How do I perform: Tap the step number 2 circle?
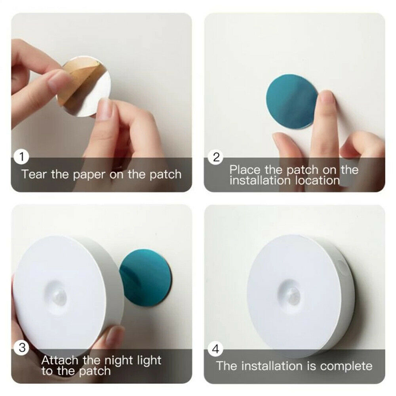click(216, 157)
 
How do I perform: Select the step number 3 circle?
click(22, 348)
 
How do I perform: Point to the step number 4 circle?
click(216, 349)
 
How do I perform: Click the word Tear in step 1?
click(34, 174)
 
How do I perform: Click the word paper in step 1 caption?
click(88, 175)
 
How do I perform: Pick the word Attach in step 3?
click(60, 361)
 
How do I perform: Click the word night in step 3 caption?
click(118, 361)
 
